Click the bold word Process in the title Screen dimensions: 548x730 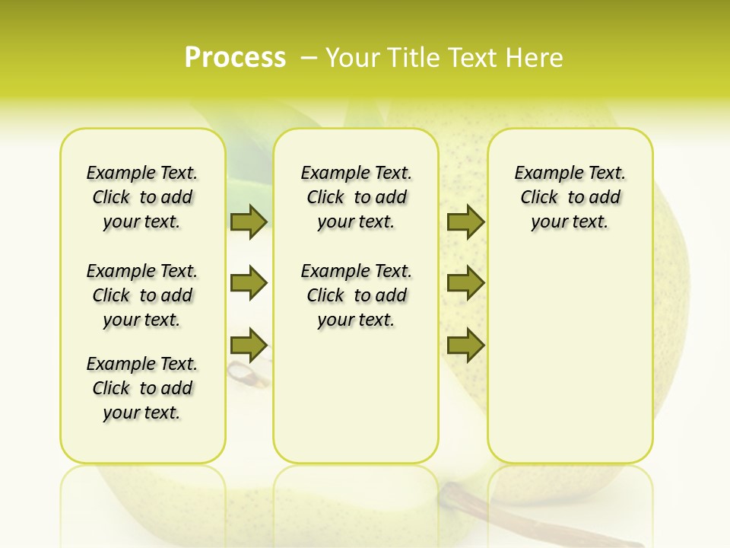click(x=235, y=58)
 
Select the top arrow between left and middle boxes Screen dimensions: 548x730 click(x=248, y=221)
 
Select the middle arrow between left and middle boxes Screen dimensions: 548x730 click(x=248, y=283)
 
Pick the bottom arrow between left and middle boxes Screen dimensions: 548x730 click(x=248, y=345)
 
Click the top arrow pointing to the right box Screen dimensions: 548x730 click(x=465, y=221)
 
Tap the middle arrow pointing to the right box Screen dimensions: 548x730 click(x=465, y=283)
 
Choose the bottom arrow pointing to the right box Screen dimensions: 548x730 click(x=465, y=345)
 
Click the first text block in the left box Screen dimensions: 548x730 click(x=142, y=197)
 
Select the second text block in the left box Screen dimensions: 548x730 click(x=142, y=295)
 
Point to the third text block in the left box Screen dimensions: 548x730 click(x=142, y=388)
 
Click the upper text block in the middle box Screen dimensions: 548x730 click(x=356, y=197)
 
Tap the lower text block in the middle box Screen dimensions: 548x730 click(x=356, y=295)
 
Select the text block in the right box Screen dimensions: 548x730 click(x=570, y=197)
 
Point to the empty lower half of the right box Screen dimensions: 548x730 click(x=570, y=365)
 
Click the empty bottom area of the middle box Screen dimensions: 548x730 click(x=356, y=403)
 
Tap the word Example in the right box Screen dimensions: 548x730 click(x=541, y=174)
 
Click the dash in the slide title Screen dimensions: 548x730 click(x=309, y=58)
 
